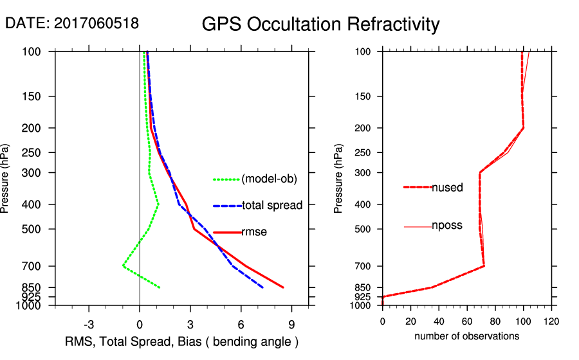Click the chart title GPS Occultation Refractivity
coord(320,24)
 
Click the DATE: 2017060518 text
coord(71,23)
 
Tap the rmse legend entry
coord(253,232)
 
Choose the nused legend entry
coord(447,187)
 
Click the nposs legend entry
coord(447,226)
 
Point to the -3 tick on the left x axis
coord(89,324)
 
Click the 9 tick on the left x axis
coord(291,324)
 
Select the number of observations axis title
coord(467,336)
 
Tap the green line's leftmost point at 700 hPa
coord(123,266)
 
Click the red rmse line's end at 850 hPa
coord(283,287)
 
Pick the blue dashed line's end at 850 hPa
coord(262,287)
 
